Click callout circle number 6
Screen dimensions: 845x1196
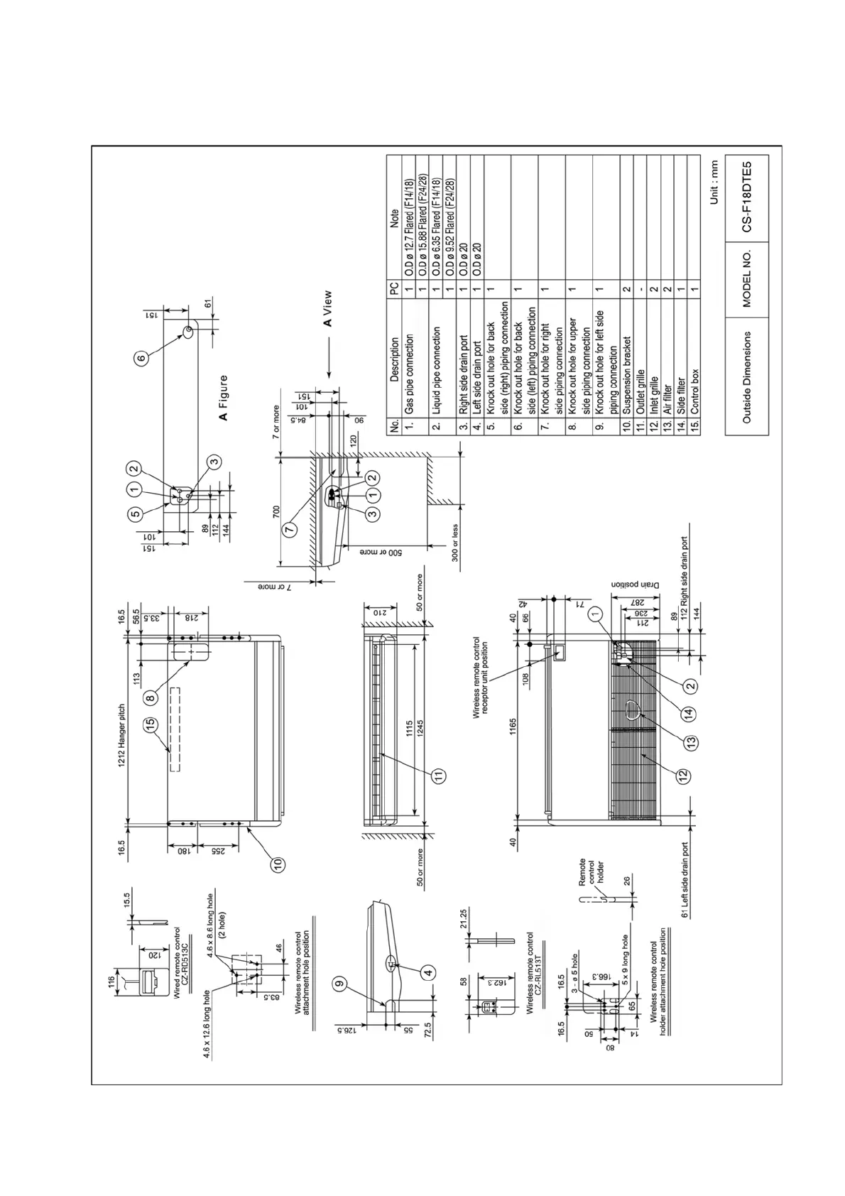point(141,359)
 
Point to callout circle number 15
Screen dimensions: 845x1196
point(150,724)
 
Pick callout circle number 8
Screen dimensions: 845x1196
point(150,698)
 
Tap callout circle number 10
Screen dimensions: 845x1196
point(278,864)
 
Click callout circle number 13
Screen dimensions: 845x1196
point(690,741)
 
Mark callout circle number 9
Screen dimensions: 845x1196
point(339,984)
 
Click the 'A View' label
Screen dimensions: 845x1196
point(327,309)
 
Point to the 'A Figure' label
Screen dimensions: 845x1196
point(224,398)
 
